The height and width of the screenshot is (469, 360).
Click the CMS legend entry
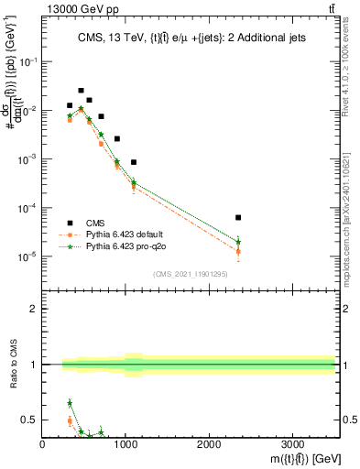click(x=91, y=223)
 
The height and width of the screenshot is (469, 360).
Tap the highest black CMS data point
click(x=81, y=91)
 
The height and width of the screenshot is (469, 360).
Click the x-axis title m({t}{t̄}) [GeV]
click(x=294, y=457)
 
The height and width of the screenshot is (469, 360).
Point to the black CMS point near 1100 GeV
click(x=134, y=162)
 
